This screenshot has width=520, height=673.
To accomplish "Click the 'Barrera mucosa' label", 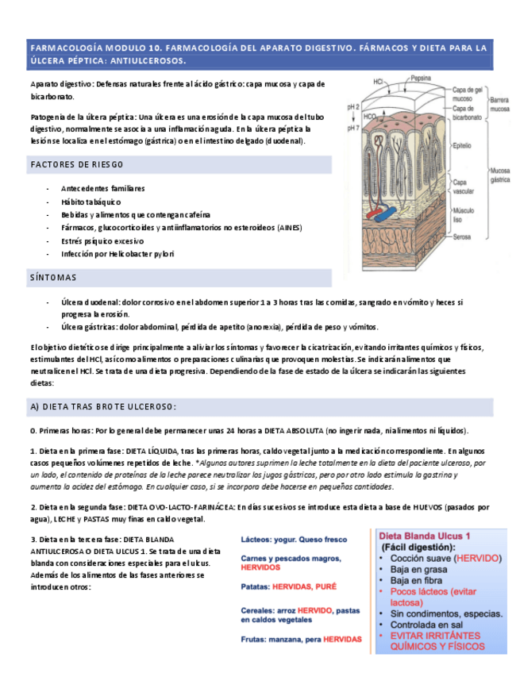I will (499, 105).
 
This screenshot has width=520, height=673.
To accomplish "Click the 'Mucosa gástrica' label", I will (500, 175).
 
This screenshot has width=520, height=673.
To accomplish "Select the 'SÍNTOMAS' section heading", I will (53, 278).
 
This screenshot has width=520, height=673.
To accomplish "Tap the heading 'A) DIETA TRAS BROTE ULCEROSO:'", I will (103, 406).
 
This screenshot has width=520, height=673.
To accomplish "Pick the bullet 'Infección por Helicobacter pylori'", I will (117, 254).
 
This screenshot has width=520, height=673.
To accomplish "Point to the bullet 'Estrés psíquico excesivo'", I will (102, 240).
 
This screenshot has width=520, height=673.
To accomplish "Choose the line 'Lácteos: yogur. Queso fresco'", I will (294, 540).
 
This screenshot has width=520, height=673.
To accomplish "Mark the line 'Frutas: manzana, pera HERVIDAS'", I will (301, 639).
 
